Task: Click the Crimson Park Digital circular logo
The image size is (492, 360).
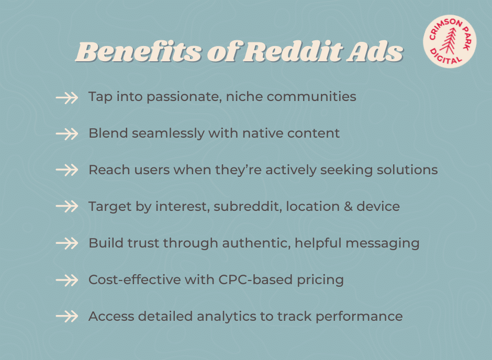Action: coord(450,41)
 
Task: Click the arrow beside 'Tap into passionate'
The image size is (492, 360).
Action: coord(66,97)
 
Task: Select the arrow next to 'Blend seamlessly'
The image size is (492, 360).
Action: coord(66,134)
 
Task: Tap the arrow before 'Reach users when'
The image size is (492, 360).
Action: coord(66,171)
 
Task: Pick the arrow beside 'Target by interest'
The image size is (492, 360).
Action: coord(66,207)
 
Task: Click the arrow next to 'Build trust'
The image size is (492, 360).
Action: coord(66,243)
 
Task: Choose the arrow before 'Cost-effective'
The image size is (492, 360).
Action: coord(66,280)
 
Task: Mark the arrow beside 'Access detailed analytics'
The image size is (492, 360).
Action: coord(66,317)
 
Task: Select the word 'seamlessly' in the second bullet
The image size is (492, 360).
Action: coord(168,133)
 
